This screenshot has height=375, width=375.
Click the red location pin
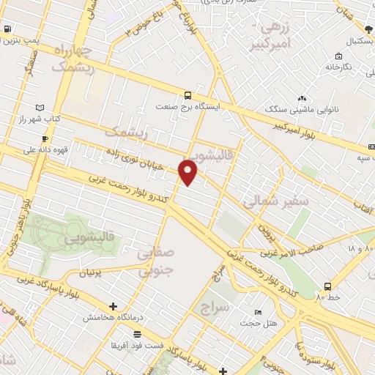(x=188, y=173)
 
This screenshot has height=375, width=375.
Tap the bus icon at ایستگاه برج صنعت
(x=188, y=95)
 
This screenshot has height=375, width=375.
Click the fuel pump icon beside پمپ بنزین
(x=7, y=29)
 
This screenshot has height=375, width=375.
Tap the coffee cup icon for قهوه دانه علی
(x=45, y=138)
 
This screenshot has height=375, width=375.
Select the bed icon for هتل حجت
(x=256, y=311)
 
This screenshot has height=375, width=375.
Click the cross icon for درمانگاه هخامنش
(x=112, y=306)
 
